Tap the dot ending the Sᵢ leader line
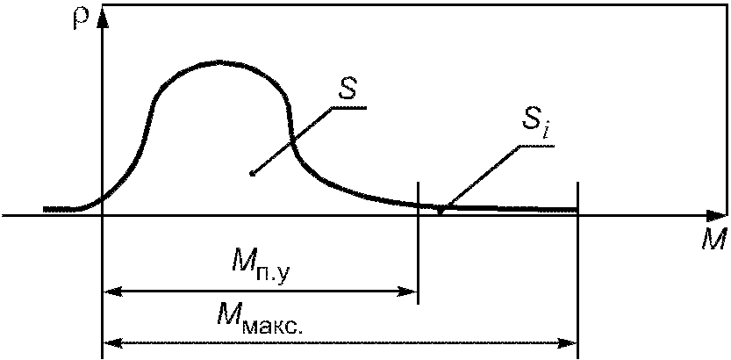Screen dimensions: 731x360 point(441,210)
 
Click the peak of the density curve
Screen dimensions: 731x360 point(219,62)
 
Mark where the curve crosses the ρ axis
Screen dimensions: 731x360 point(104,198)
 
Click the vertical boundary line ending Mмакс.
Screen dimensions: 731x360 point(577,263)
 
